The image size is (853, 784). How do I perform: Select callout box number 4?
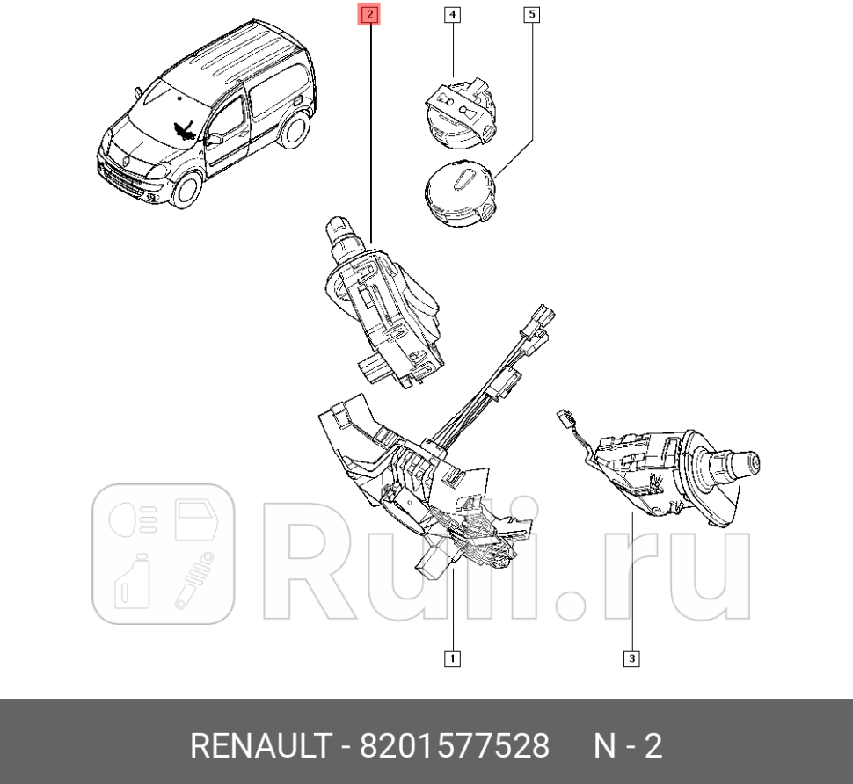tap(451, 14)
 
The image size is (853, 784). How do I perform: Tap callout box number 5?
tap(532, 14)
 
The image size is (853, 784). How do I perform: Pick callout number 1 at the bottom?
tap(452, 657)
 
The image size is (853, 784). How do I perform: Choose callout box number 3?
tap(631, 657)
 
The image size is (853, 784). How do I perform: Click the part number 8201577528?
tap(455, 746)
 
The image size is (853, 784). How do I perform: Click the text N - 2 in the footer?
tap(628, 746)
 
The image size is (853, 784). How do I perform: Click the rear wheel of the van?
tap(293, 129)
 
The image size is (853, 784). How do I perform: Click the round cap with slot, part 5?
tap(458, 190)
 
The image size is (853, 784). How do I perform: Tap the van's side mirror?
tap(214, 139)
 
